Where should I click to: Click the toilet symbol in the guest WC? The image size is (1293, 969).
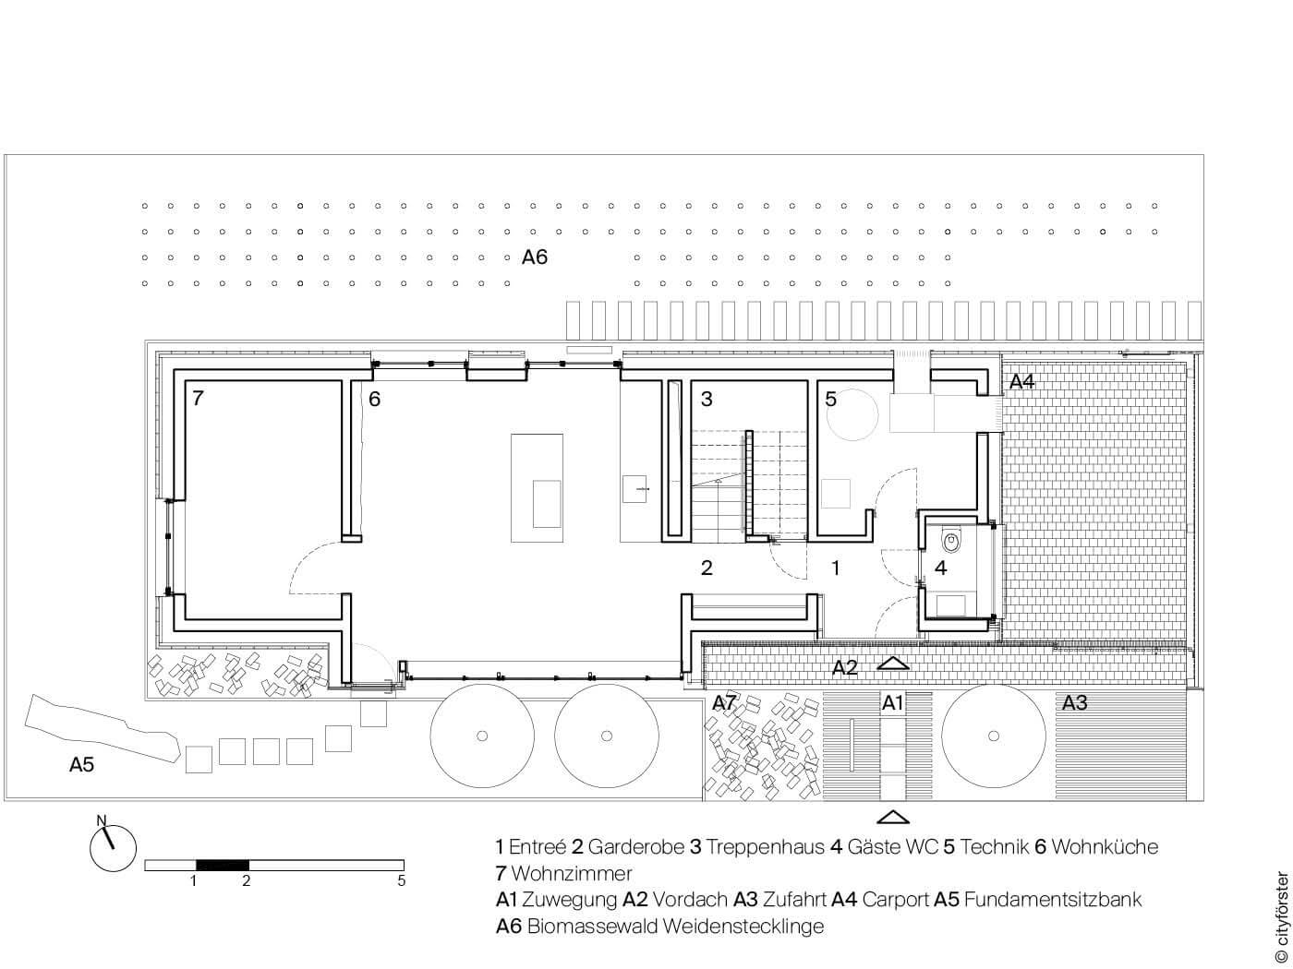(950, 541)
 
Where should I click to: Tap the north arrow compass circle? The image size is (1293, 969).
(113, 848)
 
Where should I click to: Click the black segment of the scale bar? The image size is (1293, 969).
(222, 865)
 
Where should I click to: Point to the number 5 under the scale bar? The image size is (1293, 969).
(401, 880)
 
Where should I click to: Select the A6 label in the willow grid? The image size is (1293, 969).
(534, 257)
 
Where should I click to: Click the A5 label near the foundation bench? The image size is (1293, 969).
(81, 764)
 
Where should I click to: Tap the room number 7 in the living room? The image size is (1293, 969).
(198, 399)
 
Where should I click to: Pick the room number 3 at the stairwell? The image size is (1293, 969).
(707, 399)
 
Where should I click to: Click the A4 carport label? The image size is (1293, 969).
(1022, 381)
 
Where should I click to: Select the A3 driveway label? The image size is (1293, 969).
(1074, 702)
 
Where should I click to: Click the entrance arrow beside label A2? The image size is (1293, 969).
(893, 663)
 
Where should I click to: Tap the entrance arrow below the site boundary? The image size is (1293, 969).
(893, 817)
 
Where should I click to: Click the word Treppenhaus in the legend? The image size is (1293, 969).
(765, 846)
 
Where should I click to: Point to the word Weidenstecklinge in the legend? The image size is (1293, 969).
(743, 926)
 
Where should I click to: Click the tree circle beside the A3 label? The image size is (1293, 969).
(994, 736)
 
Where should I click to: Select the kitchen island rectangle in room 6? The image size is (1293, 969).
(537, 488)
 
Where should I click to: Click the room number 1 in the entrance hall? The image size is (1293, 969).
(835, 568)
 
